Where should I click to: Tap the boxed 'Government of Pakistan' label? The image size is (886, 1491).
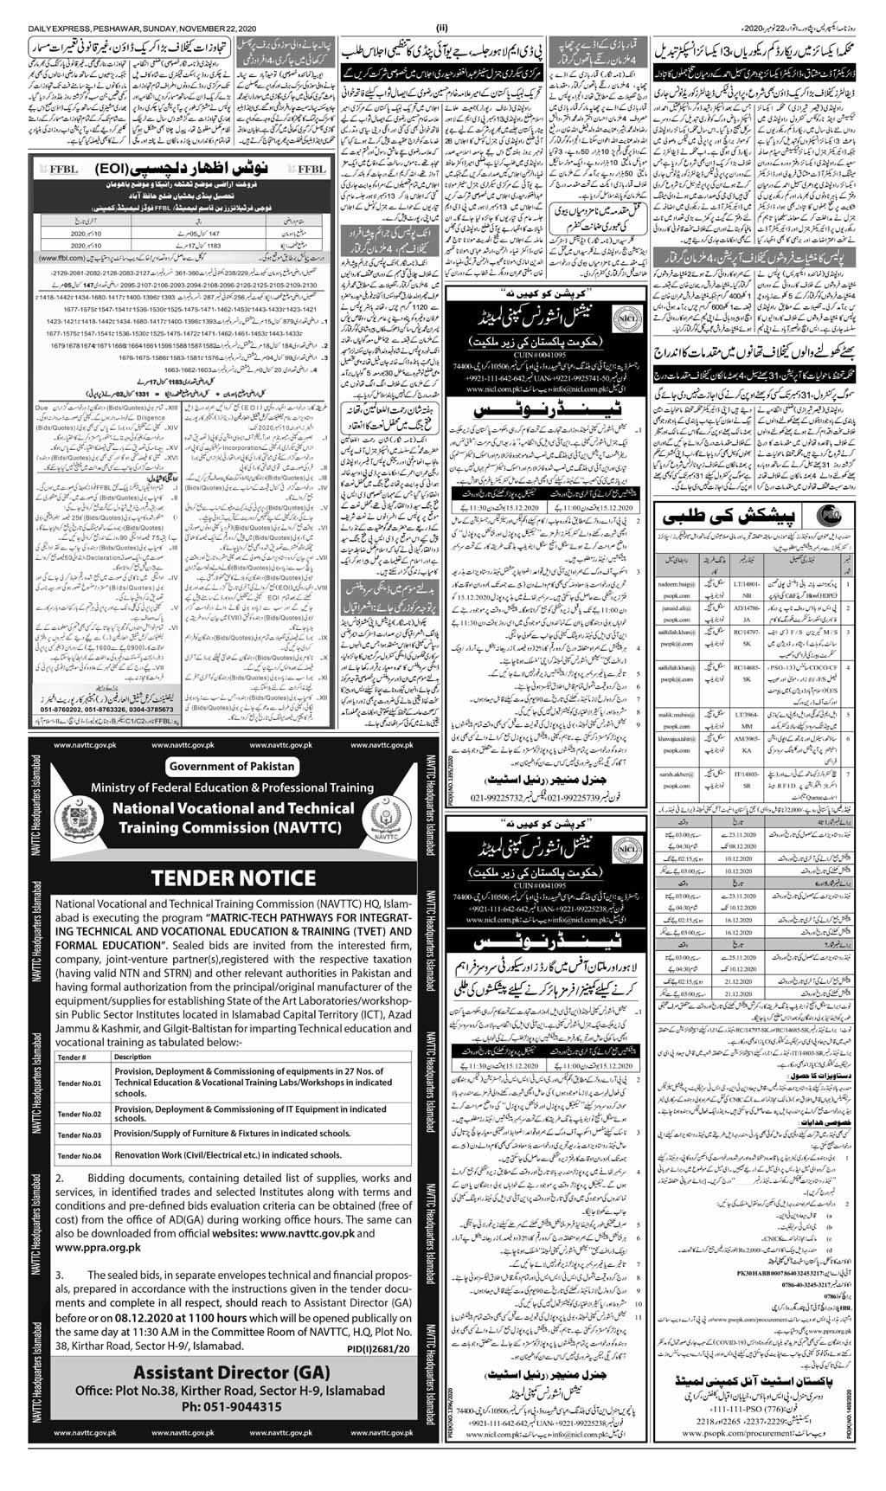(x=231, y=766)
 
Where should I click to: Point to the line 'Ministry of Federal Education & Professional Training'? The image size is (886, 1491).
(x=231, y=788)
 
